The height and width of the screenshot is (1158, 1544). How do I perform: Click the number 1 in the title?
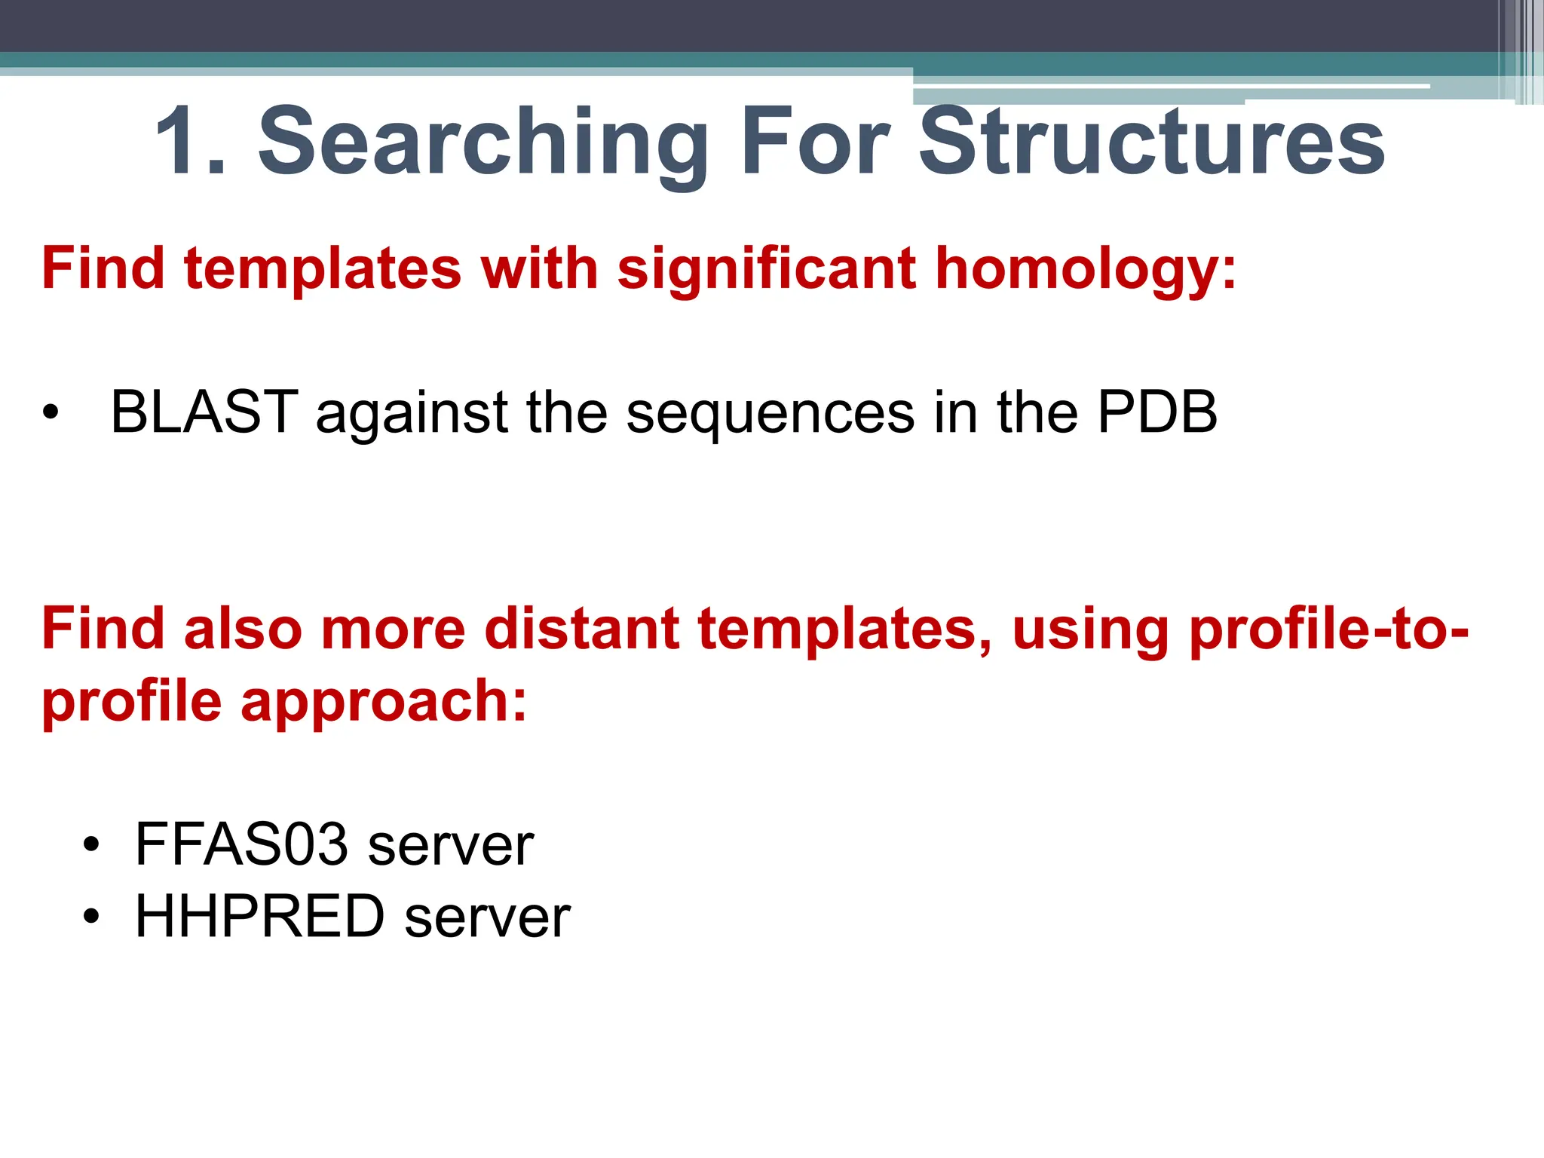(x=181, y=141)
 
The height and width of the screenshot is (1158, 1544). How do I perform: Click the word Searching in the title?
(x=482, y=143)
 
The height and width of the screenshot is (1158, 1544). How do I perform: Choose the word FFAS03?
(x=241, y=844)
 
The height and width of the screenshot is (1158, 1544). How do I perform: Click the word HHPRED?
(x=259, y=917)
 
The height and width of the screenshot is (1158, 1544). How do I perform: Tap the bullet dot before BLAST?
(x=51, y=413)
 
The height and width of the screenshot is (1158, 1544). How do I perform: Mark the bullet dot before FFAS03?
(x=91, y=845)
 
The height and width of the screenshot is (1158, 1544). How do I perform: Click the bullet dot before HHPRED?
(x=91, y=918)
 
